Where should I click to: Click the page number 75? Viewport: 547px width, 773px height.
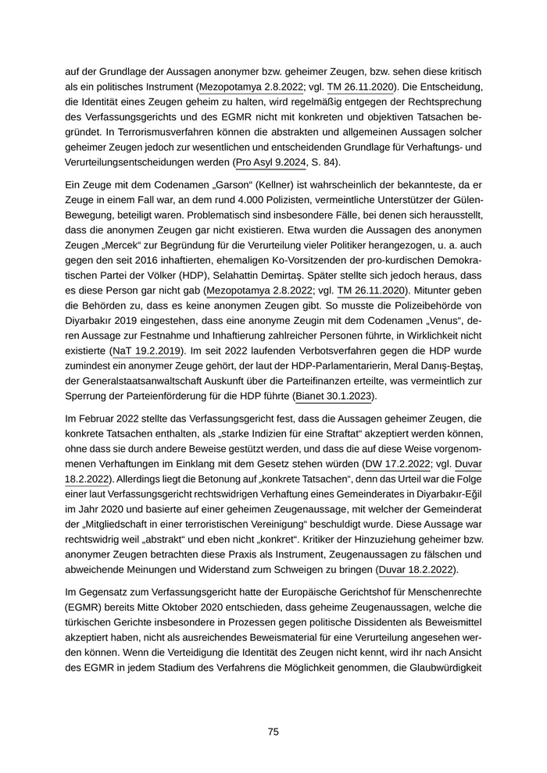coord(273,732)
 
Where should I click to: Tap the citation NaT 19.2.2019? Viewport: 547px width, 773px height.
coord(146,351)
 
